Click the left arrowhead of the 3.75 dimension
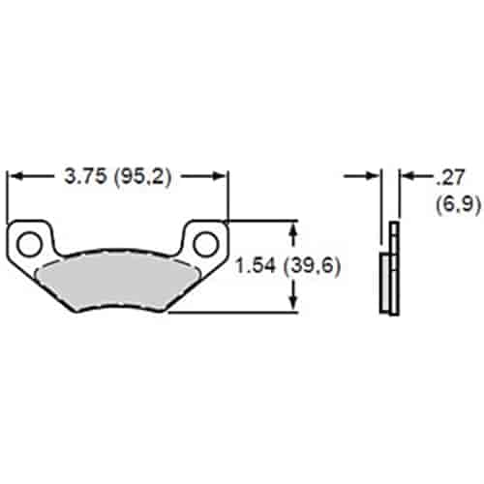pos(14,177)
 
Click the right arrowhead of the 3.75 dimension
pos(221,177)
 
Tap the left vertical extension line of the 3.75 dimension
pos(8,198)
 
